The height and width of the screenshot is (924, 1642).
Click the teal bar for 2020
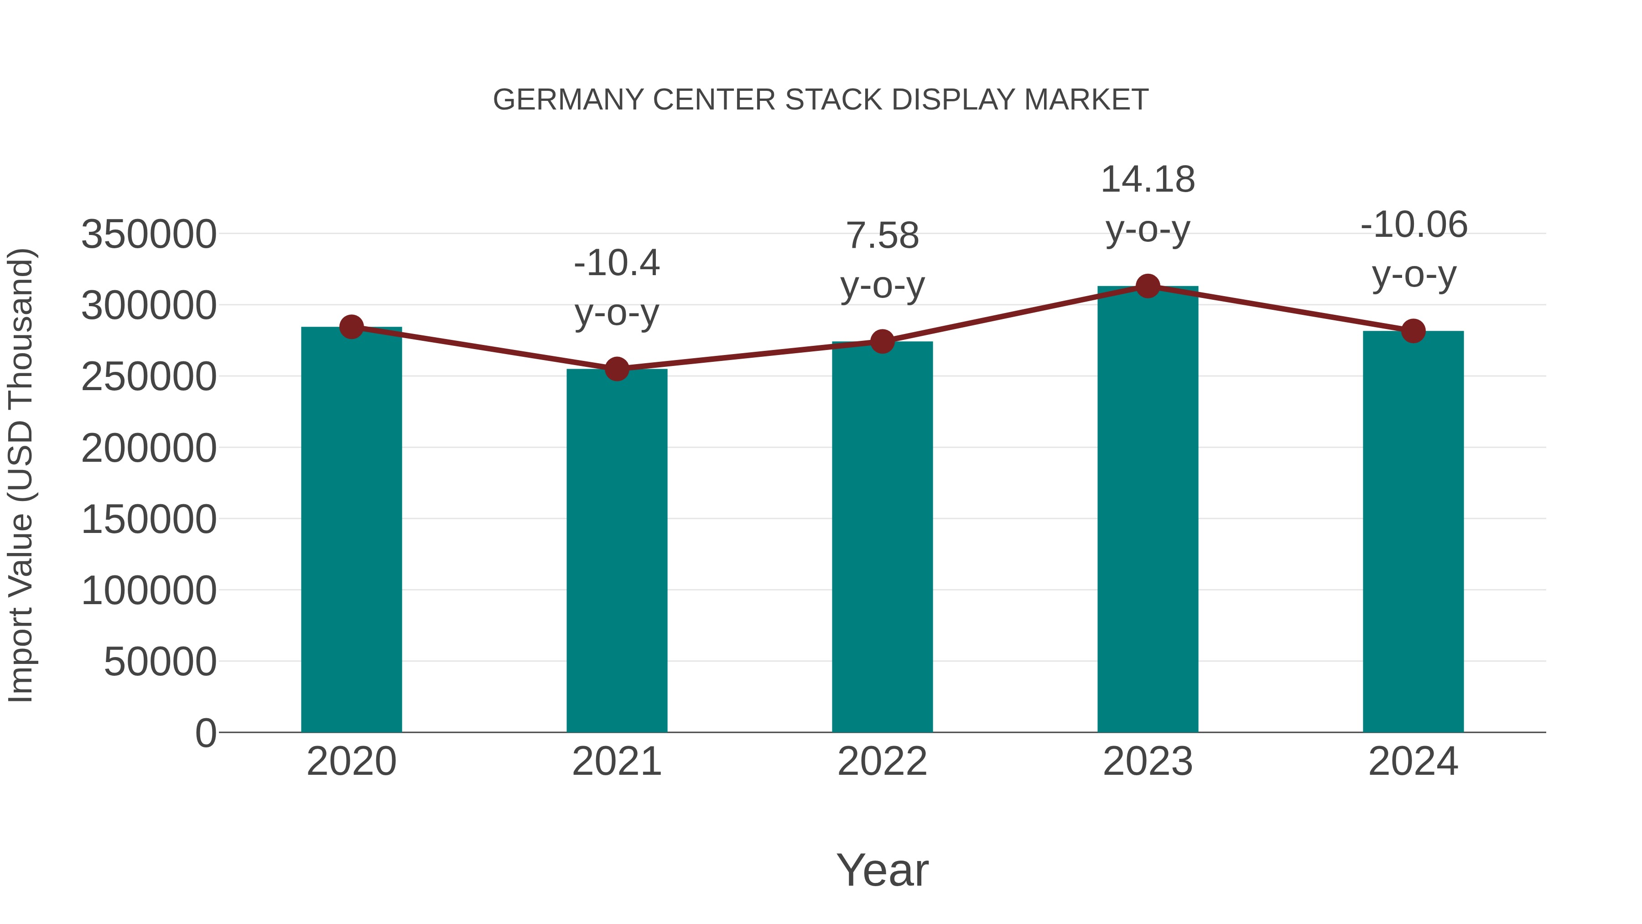click(351, 529)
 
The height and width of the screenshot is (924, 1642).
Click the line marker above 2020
click(351, 327)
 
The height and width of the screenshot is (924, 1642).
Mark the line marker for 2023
click(1148, 286)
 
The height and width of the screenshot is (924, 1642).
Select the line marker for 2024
click(1413, 331)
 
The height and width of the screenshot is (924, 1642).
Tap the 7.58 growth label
click(882, 235)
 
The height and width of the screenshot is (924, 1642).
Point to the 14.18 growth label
click(1148, 179)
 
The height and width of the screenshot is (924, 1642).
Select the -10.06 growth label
click(1413, 224)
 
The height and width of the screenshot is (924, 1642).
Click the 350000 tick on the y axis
click(149, 234)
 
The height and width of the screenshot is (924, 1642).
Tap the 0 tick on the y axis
click(206, 733)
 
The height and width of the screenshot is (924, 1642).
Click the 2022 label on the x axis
click(882, 762)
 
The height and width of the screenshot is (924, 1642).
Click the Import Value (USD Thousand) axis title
click(21, 475)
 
